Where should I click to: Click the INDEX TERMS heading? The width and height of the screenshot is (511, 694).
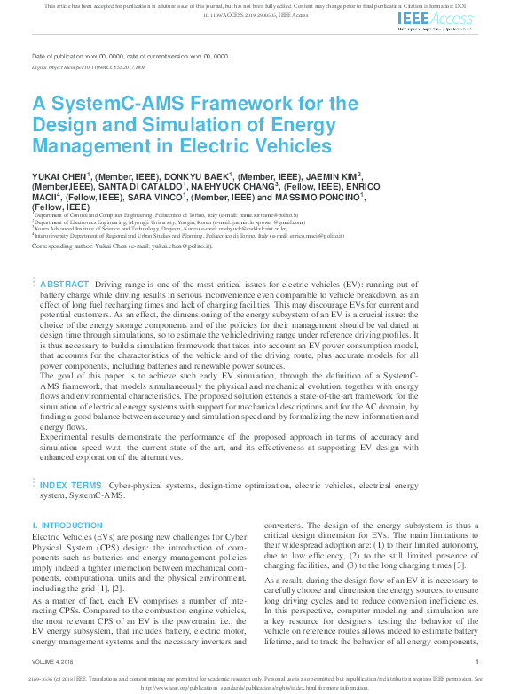(x=71, y=486)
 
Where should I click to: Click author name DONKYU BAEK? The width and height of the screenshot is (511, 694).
(x=190, y=177)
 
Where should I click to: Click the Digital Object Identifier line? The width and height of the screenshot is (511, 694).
(x=88, y=67)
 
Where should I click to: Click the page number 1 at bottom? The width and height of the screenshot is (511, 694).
(x=476, y=661)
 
